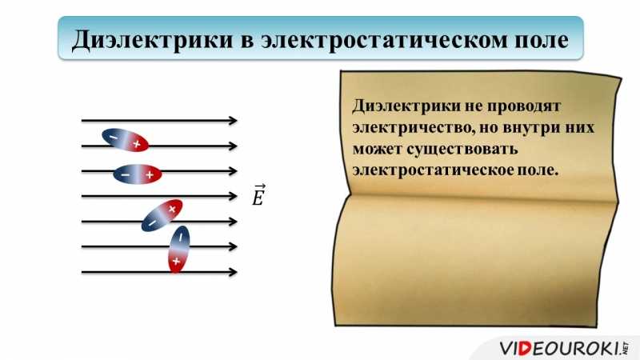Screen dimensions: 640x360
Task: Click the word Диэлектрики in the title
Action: (152, 41)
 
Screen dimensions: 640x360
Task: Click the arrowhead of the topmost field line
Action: (234, 121)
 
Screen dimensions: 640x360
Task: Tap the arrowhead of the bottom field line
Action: (234, 272)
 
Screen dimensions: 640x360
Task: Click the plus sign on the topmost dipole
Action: (137, 144)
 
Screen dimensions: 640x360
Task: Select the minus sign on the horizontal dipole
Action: (126, 175)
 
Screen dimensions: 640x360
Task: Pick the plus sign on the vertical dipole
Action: (176, 261)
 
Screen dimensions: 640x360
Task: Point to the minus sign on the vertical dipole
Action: (181, 236)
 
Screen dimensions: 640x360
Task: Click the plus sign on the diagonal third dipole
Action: (172, 209)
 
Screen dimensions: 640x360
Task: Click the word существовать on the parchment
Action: (462, 149)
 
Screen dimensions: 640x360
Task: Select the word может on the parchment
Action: (377, 149)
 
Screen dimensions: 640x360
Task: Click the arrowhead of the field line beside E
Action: (234, 196)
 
